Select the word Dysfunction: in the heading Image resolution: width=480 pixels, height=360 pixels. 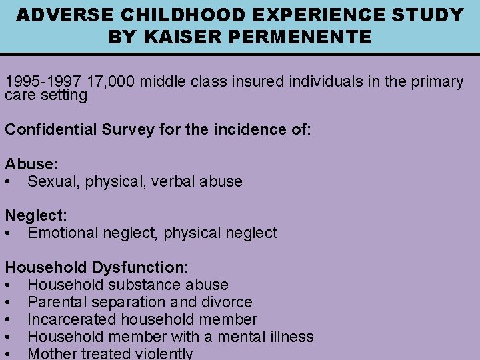point(140,267)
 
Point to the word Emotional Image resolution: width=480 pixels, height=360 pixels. point(63,233)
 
